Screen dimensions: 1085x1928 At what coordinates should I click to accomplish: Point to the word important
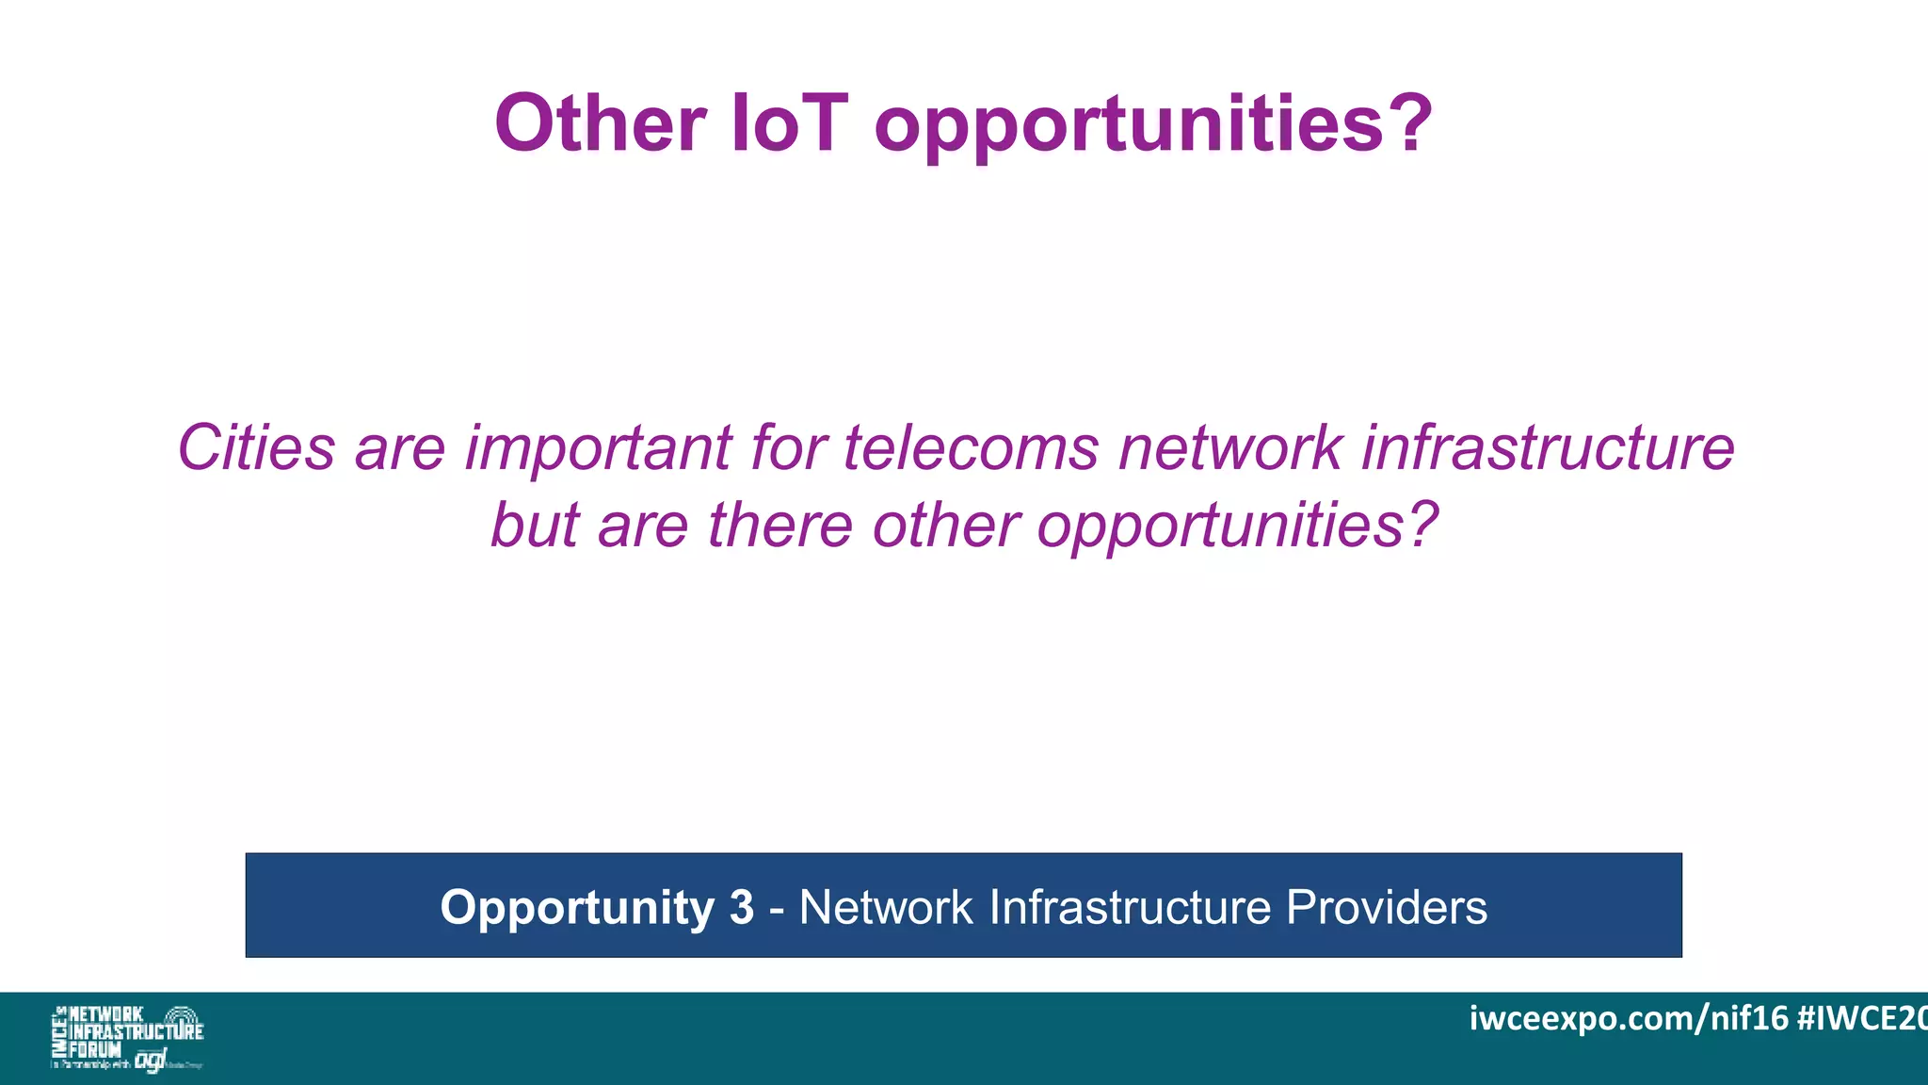click(x=598, y=448)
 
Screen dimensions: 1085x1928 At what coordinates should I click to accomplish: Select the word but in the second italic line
click(x=534, y=525)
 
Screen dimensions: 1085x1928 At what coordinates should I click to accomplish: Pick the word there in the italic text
click(x=780, y=525)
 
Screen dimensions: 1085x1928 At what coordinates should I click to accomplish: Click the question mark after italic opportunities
click(x=1422, y=525)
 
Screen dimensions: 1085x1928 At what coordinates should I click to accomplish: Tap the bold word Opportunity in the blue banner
click(x=577, y=908)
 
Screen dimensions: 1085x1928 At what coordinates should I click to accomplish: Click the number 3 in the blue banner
click(x=742, y=908)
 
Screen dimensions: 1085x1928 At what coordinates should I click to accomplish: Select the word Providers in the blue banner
click(x=1386, y=908)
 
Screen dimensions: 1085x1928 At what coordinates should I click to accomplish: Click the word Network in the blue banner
click(x=886, y=908)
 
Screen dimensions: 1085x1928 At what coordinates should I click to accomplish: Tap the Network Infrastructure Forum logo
click(x=127, y=1038)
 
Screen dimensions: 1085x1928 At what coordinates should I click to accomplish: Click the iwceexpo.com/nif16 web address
click(x=1628, y=1018)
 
